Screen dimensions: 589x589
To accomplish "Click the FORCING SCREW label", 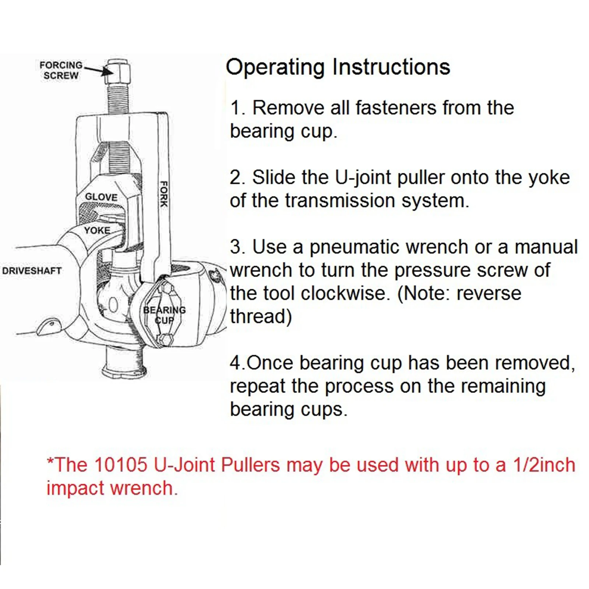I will pos(61,70).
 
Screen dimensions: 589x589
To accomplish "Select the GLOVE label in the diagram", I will pos(101,197).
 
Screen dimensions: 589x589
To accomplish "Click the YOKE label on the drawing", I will pos(97,230).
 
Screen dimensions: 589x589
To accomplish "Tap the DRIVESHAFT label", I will pos(31,271).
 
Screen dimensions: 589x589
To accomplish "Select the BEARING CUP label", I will pos(164,315).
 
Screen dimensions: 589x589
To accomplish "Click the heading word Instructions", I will pos(391,67).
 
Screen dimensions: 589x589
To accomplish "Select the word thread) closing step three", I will pos(261,317).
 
